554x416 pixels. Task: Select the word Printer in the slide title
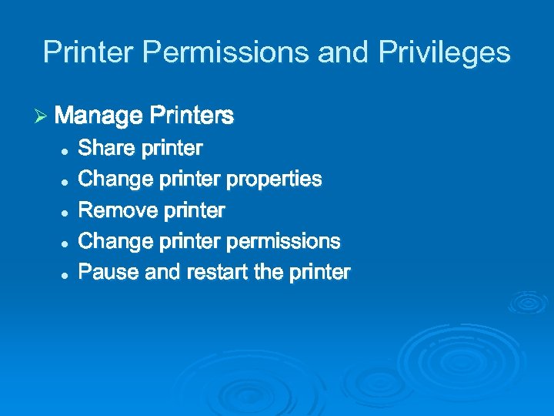[89, 52]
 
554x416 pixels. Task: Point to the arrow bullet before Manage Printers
[42, 116]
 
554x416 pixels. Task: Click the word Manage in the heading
[99, 116]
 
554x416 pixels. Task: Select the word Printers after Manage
[192, 116]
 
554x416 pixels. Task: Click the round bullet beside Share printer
[68, 149]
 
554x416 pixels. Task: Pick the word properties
[279, 179]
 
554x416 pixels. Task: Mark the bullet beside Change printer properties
[68, 180]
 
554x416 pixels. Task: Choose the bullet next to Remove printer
[68, 212]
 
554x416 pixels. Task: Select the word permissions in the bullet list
[287, 241]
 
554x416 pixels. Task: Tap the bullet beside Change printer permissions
[68, 243]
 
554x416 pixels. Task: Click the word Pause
[104, 272]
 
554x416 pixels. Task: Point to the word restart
[201, 272]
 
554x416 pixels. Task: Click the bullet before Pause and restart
[68, 273]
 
